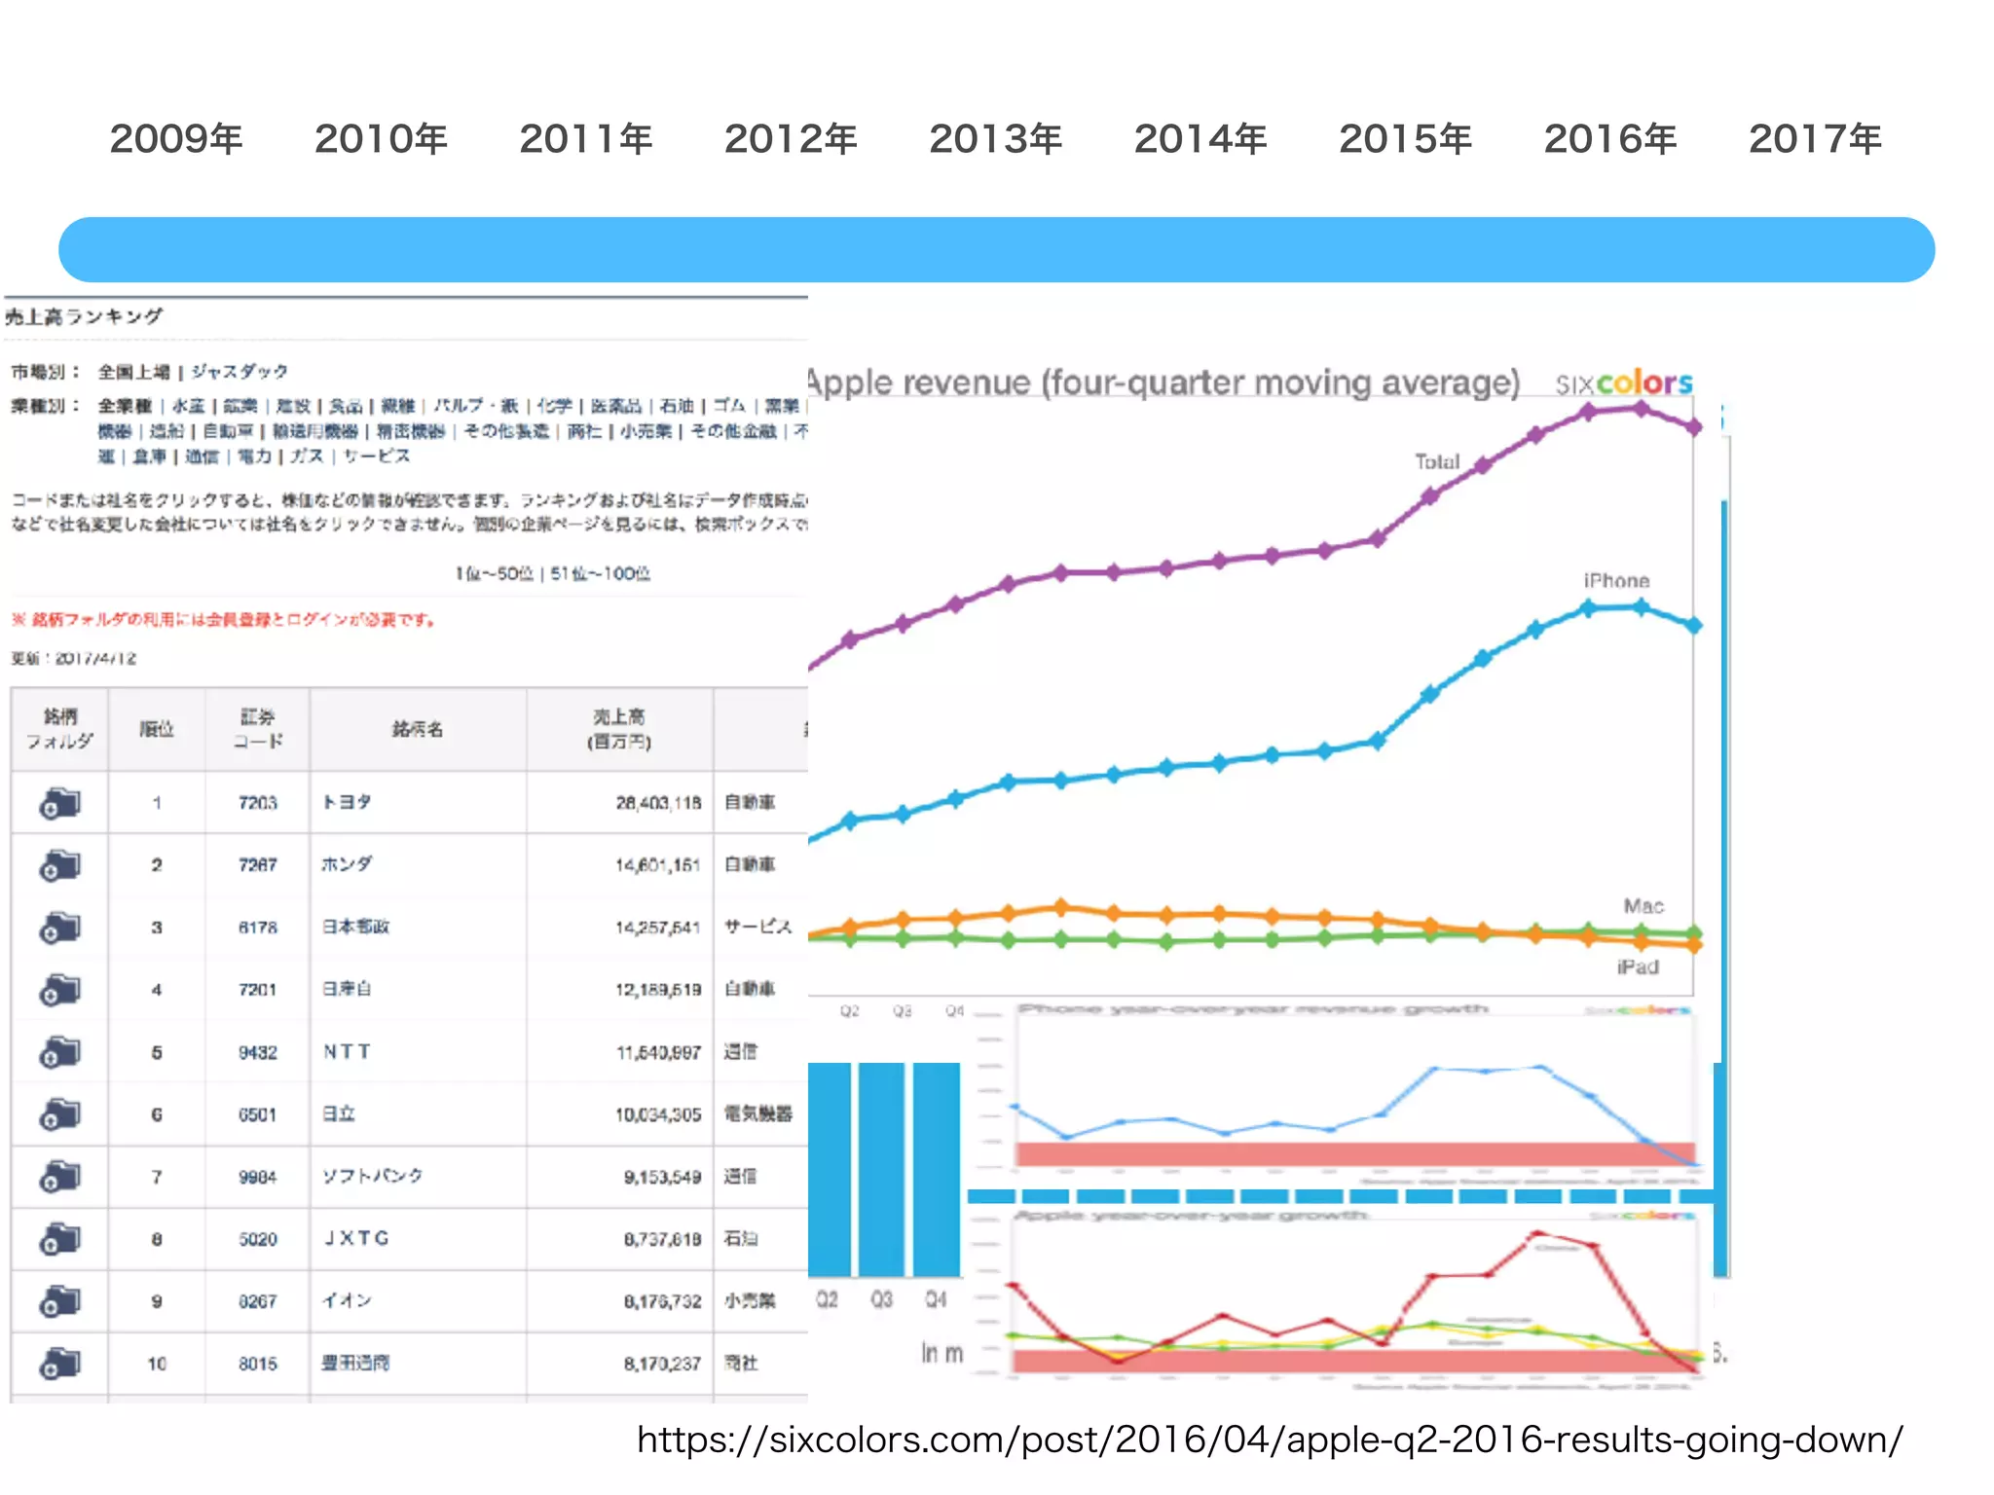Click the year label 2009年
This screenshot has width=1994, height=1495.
(x=176, y=139)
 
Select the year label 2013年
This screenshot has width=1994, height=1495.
(x=996, y=139)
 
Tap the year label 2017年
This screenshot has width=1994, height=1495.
(x=1816, y=139)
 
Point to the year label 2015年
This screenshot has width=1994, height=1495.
(x=1406, y=139)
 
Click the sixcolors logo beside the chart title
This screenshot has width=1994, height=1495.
(x=1624, y=383)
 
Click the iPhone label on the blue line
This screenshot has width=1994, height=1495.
(x=1616, y=581)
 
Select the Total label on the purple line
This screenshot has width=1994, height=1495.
(x=1437, y=461)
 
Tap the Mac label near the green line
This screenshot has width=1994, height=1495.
(x=1643, y=906)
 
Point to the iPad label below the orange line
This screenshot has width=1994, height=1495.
(x=1638, y=966)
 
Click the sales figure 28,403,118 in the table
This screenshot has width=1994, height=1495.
(x=658, y=803)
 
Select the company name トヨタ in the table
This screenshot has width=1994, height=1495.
(x=348, y=802)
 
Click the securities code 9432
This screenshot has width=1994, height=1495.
(x=258, y=1052)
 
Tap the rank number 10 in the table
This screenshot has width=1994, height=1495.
(x=157, y=1364)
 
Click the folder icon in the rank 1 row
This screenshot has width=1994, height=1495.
(x=60, y=803)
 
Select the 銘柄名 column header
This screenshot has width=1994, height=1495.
(x=418, y=729)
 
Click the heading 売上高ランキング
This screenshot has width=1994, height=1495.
(x=84, y=316)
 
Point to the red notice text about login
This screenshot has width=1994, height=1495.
(x=224, y=620)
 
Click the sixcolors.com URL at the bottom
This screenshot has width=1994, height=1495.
(x=1270, y=1440)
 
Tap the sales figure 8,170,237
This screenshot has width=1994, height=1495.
(x=662, y=1364)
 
